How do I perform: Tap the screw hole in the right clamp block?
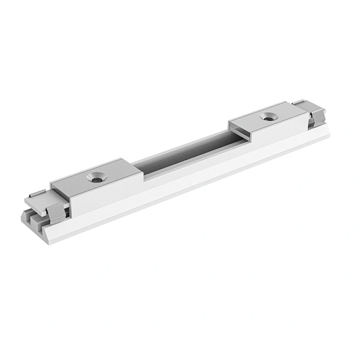click(x=268, y=117)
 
